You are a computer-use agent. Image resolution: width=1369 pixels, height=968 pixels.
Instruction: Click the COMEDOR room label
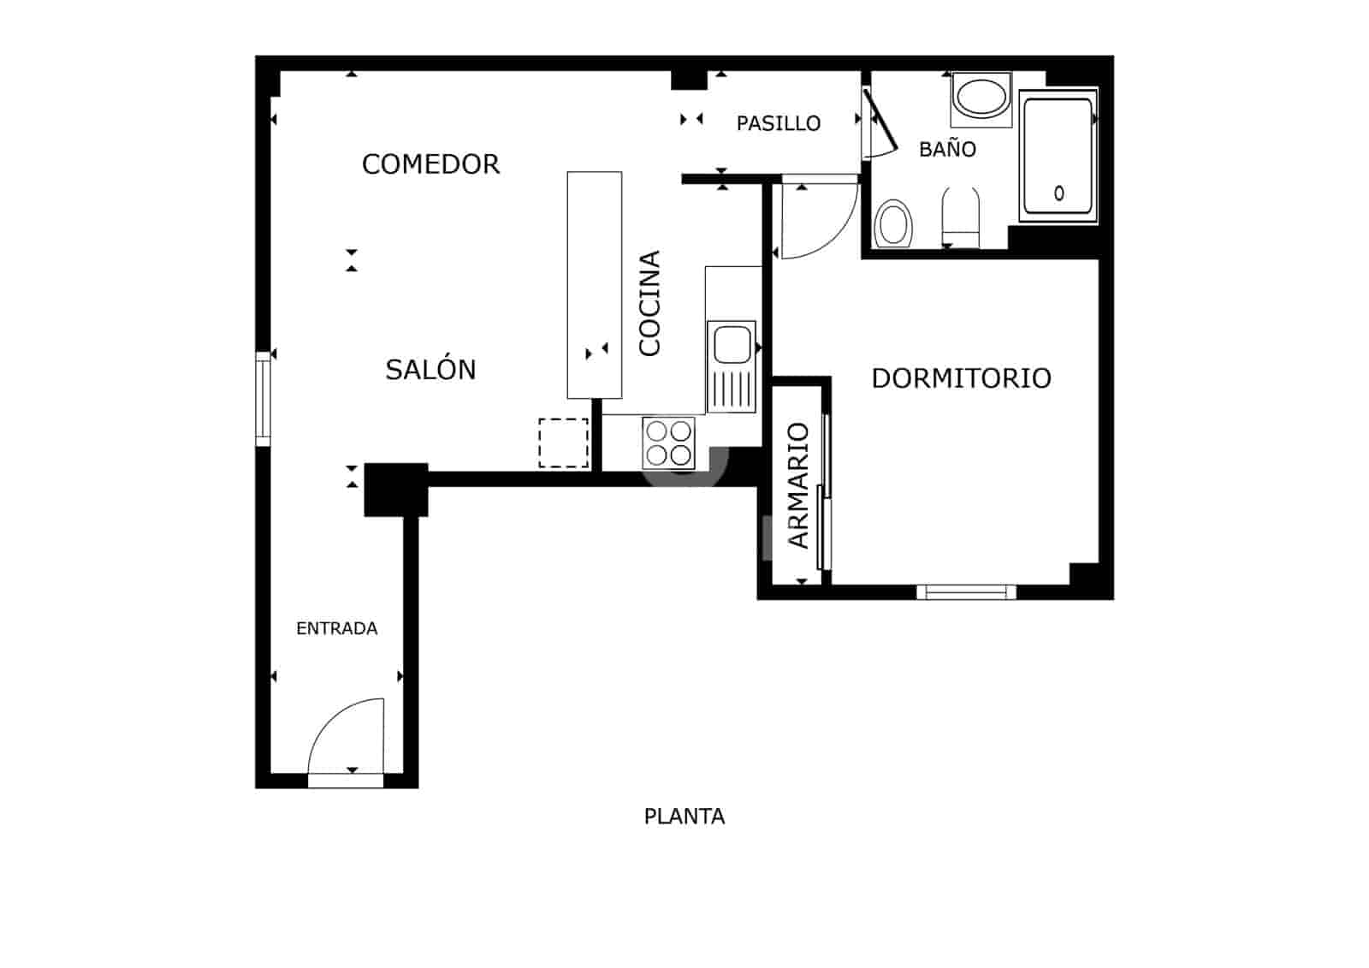pos(430,163)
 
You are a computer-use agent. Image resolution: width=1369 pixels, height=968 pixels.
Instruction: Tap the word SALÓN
pos(430,370)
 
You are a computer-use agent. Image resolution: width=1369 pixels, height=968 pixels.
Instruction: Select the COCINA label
pos(650,303)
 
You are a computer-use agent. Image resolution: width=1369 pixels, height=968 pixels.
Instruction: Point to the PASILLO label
pos(778,123)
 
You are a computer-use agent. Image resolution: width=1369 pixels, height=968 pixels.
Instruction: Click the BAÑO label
pos(947,149)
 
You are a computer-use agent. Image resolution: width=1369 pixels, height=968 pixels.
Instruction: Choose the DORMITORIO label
pos(961,378)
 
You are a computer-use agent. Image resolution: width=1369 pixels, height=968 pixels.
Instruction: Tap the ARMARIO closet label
pos(798,485)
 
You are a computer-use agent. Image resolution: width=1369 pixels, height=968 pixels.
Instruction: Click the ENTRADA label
pos(336,628)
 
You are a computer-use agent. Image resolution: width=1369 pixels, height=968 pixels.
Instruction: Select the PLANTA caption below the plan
pos(684,817)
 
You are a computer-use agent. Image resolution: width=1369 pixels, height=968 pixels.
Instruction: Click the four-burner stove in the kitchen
pos(668,442)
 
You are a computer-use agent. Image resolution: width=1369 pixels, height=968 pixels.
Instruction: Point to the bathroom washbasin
pos(981,98)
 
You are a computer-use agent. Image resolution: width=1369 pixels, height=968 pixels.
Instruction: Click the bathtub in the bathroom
pos(1058,156)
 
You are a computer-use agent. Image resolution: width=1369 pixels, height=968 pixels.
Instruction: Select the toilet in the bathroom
pos(960,217)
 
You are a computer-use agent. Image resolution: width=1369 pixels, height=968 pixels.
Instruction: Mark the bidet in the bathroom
pos(894,223)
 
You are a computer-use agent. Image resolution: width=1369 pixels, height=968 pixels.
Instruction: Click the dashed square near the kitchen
pos(564,442)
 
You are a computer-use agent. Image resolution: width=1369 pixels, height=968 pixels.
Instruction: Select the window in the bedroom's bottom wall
pos(966,591)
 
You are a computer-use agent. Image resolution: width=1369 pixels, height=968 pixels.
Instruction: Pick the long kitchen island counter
pos(595,285)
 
